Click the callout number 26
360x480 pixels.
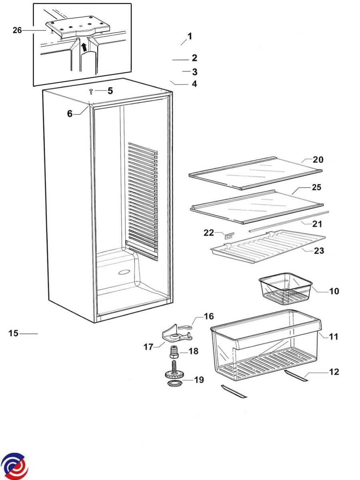pos(17,30)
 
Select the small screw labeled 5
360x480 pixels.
pos(91,92)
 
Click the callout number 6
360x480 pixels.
pos(70,114)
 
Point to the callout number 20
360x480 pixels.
pos(318,160)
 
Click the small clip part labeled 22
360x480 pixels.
pos(229,236)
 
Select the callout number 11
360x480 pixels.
pos(334,337)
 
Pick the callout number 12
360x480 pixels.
pos(334,372)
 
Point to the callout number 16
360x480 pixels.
pos(208,317)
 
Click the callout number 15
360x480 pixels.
pos(14,333)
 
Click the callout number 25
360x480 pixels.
pos(316,187)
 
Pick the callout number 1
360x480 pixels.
pos(190,36)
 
